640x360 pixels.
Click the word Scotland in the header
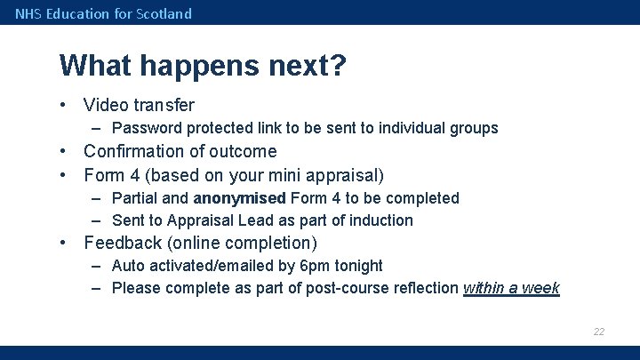164,13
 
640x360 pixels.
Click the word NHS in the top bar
28,13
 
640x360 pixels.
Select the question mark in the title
338,66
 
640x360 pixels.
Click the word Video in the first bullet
107,106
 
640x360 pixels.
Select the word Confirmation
135,151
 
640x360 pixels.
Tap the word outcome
244,151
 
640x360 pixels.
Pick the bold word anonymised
239,197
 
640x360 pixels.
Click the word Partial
136,197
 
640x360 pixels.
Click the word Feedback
121,243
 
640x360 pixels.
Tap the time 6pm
317,266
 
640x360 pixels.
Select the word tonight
359,266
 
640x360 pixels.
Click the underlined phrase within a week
511,288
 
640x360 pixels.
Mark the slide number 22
599,332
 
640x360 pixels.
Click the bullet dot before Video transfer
65,106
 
